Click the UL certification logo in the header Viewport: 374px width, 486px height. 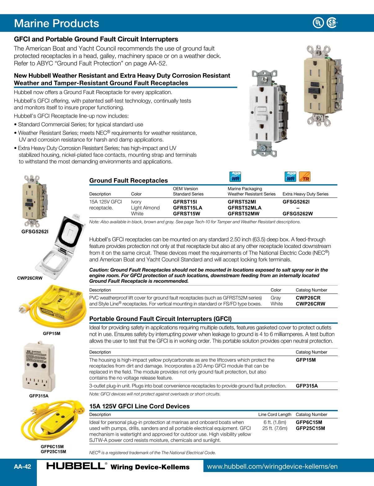pos(318,23)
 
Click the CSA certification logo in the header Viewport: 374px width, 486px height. pos(332,23)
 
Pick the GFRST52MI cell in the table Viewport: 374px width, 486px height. pos(242,202)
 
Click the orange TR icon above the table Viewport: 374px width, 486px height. pos(305,177)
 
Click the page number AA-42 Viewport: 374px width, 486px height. pos(22,466)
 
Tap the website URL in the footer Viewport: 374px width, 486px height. pos(272,466)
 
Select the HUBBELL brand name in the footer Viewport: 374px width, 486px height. pos(76,466)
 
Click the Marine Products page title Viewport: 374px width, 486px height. pos(56,23)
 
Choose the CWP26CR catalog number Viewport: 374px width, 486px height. pos(308,298)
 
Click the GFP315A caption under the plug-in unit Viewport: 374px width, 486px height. pos(39,396)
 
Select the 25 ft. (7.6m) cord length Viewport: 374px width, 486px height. pos(275,428)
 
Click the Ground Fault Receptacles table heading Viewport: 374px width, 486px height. pos(128,181)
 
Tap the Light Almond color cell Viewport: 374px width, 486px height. pos(145,208)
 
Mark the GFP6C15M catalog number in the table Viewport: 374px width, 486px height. pos(309,422)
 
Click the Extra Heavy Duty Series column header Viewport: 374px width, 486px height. pos(305,194)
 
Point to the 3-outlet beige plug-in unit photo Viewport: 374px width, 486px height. pos(38,366)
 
